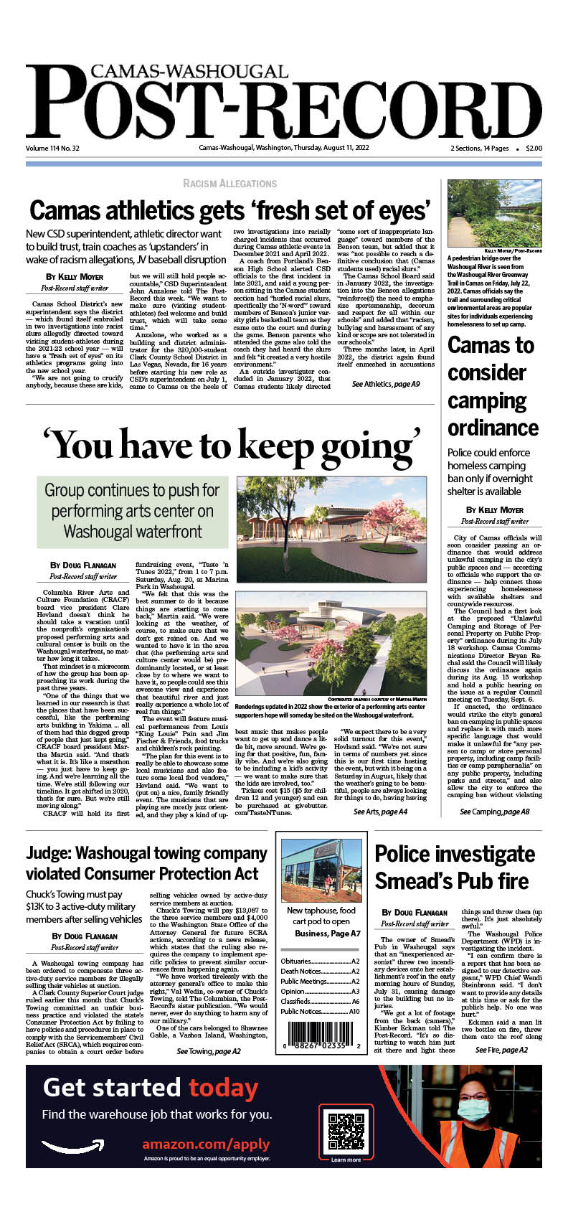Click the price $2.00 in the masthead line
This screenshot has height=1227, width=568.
[534, 149]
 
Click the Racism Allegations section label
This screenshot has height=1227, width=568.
[229, 184]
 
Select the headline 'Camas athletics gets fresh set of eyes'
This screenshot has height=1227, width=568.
[229, 211]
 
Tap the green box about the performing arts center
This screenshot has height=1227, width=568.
[132, 510]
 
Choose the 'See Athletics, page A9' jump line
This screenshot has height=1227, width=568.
[386, 385]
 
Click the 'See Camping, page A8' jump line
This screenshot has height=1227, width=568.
[494, 812]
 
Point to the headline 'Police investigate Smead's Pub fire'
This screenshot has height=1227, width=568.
[455, 868]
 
